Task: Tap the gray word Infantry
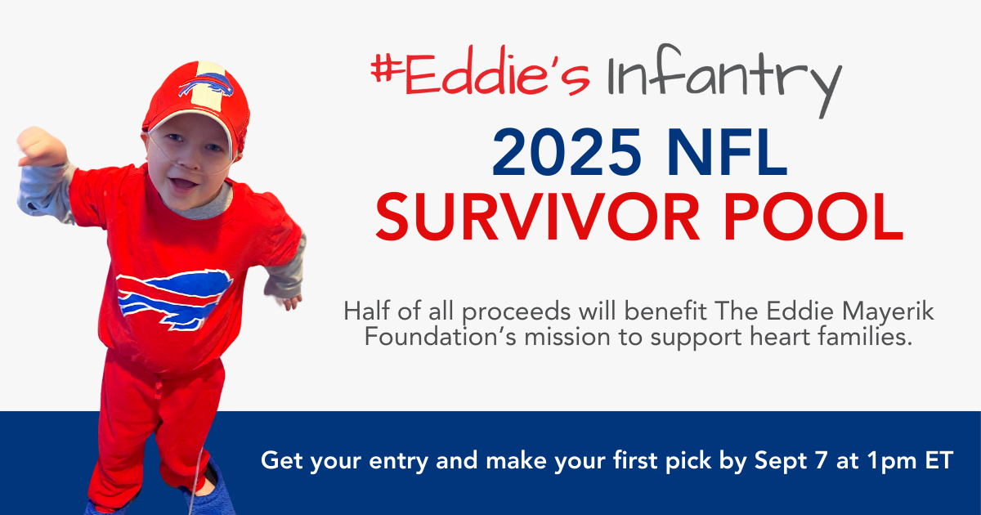(x=723, y=78)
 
